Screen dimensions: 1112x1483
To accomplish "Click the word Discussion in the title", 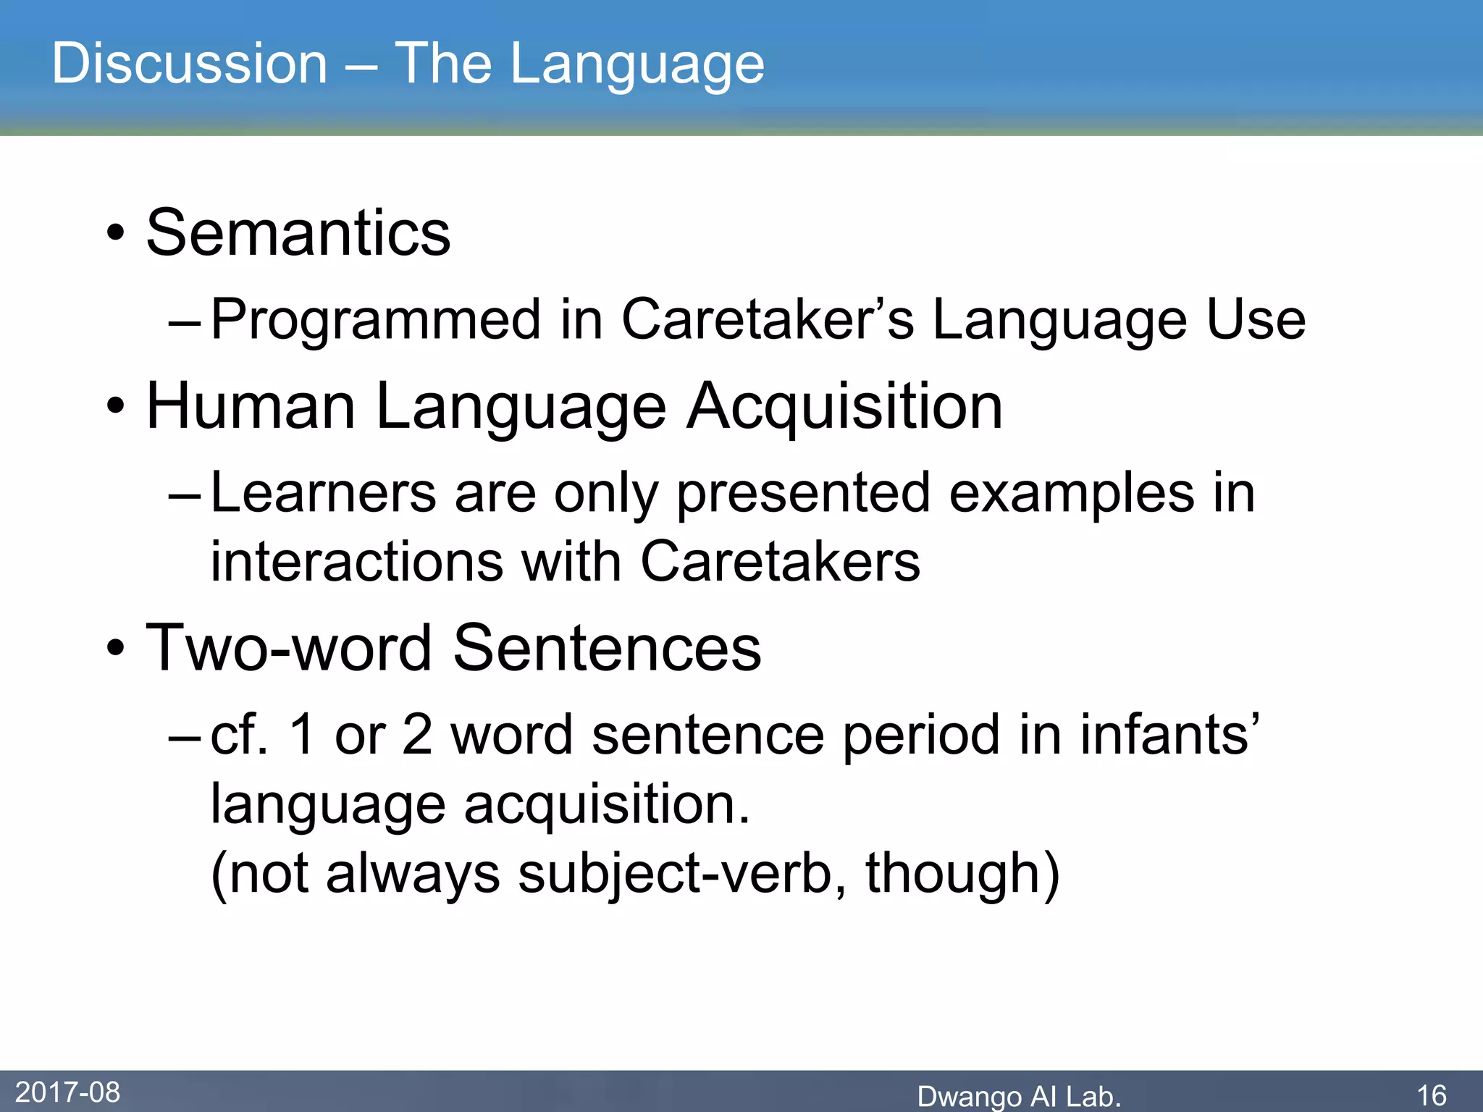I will (x=190, y=64).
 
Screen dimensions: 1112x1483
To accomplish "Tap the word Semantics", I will (x=298, y=233).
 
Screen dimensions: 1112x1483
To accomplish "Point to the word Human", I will (x=251, y=407).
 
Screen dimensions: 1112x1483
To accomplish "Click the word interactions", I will (x=356, y=563).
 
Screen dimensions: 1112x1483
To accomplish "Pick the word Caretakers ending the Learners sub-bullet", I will (x=780, y=563).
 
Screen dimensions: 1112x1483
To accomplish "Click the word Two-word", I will (x=290, y=648).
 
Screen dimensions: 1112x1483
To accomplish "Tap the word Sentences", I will (x=607, y=648).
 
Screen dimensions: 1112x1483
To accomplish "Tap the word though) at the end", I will (x=962, y=874).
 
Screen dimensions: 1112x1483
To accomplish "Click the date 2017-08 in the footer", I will (x=67, y=1092).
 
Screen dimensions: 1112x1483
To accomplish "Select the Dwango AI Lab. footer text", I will (x=1019, y=1096).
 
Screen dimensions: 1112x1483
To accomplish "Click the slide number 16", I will (x=1432, y=1095).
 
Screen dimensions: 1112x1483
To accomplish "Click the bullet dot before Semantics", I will (x=115, y=235).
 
